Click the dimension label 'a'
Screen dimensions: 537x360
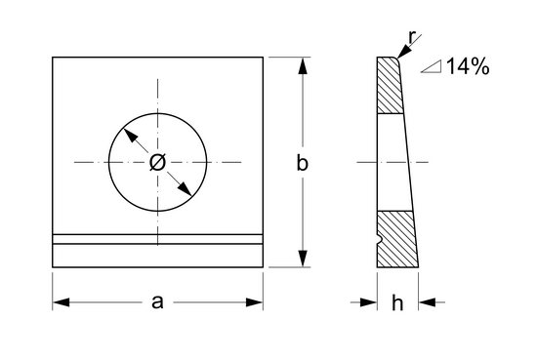[157, 302]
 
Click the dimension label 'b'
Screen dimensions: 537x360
[302, 163]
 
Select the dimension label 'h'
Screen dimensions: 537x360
[397, 302]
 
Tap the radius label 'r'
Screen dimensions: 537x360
[412, 37]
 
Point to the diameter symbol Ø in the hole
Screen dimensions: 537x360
[157, 162]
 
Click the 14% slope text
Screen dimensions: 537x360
[468, 66]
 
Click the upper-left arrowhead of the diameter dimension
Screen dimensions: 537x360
[131, 136]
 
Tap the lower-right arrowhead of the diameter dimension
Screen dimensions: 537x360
[185, 189]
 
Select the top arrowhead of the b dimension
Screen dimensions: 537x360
[303, 65]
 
